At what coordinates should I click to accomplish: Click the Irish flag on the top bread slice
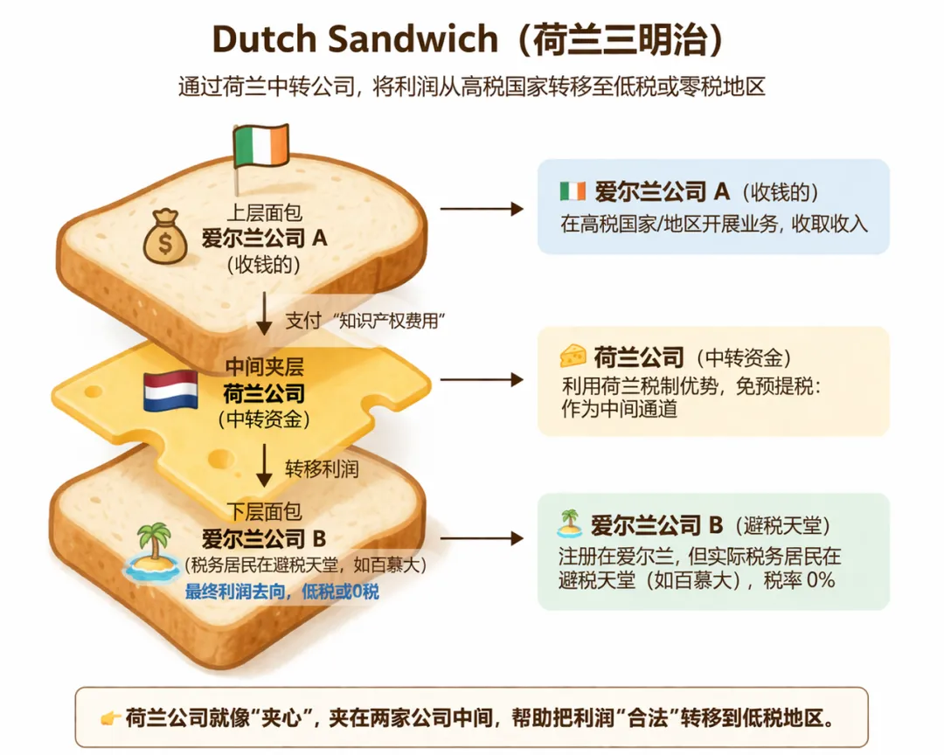pyautogui.click(x=260, y=145)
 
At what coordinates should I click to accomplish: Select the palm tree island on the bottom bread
pyautogui.click(x=154, y=550)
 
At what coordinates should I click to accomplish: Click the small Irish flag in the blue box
pyautogui.click(x=573, y=191)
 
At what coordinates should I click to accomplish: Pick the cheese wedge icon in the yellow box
pyautogui.click(x=573, y=356)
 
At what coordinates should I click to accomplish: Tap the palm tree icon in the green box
pyautogui.click(x=569, y=524)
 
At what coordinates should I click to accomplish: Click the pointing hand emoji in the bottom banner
pyautogui.click(x=110, y=719)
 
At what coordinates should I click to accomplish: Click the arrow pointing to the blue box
pyautogui.click(x=481, y=209)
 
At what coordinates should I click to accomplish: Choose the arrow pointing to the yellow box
pyautogui.click(x=481, y=379)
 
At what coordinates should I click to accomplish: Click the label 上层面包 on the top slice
pyautogui.click(x=263, y=213)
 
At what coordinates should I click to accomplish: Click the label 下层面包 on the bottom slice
pyautogui.click(x=263, y=513)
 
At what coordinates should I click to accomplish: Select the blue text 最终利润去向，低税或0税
pyautogui.click(x=281, y=592)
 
